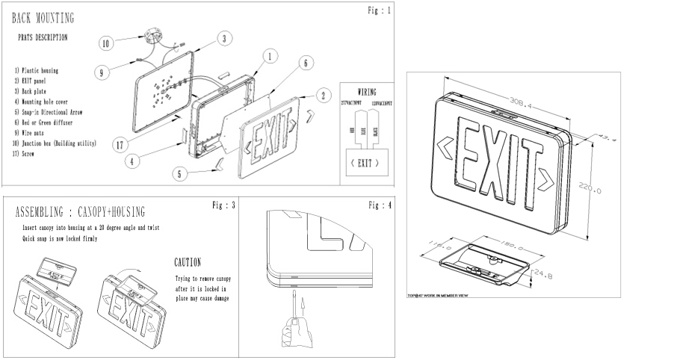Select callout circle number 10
click(106, 43)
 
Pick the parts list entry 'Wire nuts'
click(32, 133)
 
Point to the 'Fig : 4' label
click(380, 204)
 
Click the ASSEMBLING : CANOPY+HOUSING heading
click(80, 212)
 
